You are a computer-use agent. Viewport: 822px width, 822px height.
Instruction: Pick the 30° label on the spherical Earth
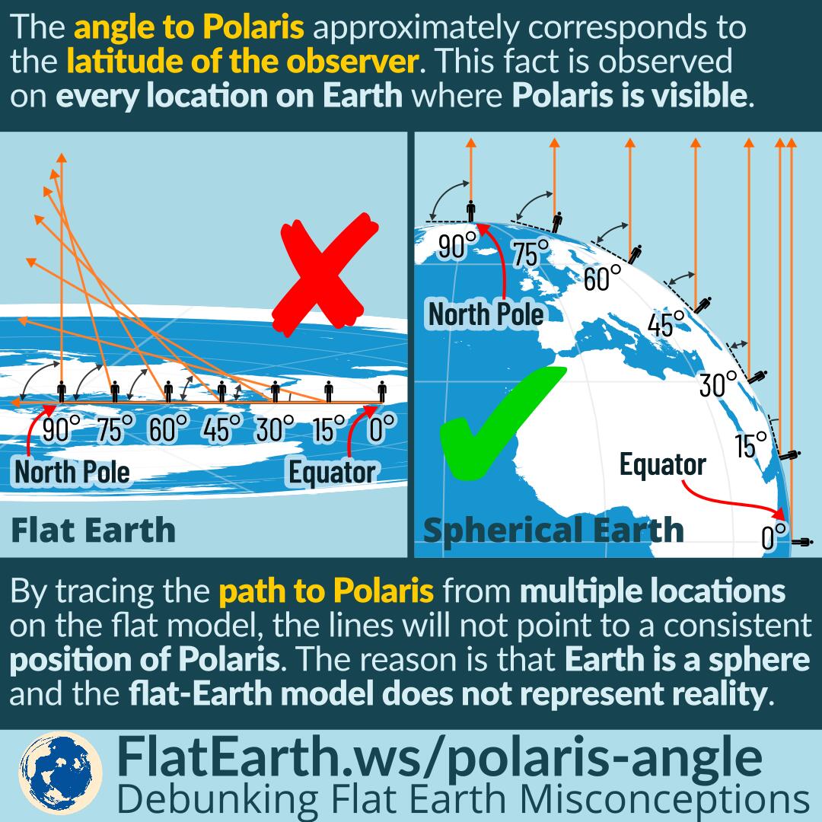click(x=718, y=383)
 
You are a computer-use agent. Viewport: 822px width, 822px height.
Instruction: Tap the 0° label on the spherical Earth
click(x=774, y=537)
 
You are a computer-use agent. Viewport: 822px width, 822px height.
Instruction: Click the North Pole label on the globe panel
click(x=486, y=313)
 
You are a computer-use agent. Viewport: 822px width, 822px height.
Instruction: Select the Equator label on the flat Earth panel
click(x=332, y=472)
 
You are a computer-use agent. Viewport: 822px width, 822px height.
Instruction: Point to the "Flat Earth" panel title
click(x=93, y=530)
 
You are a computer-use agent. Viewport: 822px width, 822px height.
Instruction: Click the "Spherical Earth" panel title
click(x=553, y=530)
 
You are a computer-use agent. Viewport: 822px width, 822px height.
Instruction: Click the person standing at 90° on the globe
click(x=471, y=210)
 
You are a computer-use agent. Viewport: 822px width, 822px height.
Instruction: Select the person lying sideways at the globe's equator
click(x=801, y=542)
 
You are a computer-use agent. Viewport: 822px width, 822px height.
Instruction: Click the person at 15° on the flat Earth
click(x=328, y=391)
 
